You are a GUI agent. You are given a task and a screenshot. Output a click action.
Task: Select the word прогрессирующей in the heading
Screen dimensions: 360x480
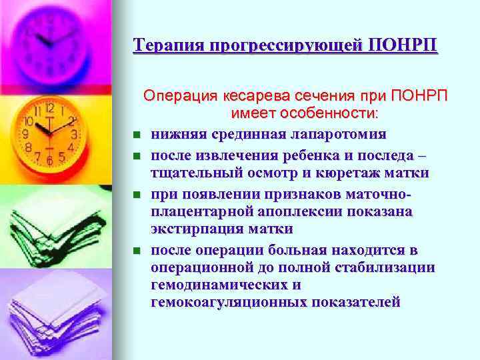coord(286,45)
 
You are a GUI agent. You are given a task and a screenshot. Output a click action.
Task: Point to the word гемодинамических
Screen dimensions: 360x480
coord(217,285)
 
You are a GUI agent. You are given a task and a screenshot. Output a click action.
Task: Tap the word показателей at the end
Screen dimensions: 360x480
coord(357,302)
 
